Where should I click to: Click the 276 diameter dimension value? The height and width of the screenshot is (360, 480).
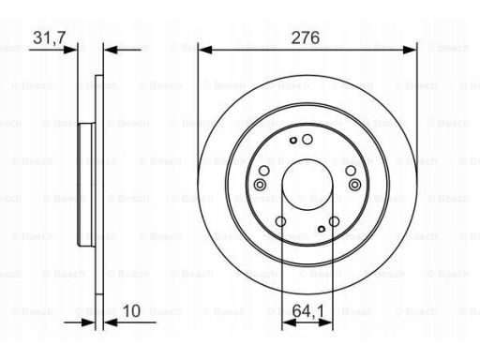click(x=306, y=37)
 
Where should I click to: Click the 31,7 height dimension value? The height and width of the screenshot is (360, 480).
click(x=50, y=37)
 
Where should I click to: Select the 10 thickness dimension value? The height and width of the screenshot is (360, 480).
click(x=131, y=311)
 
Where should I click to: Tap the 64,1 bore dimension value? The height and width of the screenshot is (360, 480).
click(x=308, y=311)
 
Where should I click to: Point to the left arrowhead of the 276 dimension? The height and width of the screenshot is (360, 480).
click(x=205, y=50)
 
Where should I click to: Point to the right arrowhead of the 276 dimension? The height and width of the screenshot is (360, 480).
click(x=410, y=50)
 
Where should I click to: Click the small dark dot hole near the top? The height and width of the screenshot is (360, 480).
click(x=293, y=141)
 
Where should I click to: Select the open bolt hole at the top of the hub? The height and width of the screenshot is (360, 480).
click(x=307, y=140)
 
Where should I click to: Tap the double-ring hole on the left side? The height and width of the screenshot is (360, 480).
click(x=260, y=185)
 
